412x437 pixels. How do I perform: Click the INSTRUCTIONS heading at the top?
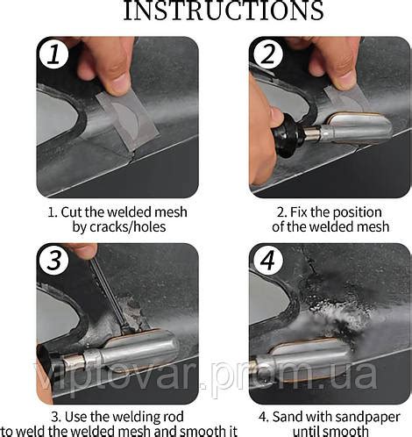(224, 11)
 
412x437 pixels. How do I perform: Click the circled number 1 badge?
(53, 54)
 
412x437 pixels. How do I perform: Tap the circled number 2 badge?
(267, 54)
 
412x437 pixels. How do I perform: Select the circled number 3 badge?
(53, 260)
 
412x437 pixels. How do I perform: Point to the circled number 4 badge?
(267, 260)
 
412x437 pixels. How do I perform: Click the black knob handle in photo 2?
(288, 135)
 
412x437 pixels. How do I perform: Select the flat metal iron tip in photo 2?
(355, 126)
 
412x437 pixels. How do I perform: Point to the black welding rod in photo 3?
(110, 296)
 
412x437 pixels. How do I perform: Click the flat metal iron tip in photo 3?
(140, 348)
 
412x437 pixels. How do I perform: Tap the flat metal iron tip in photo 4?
(309, 357)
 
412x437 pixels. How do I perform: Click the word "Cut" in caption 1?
(71, 211)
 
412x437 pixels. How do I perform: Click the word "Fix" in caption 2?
(298, 212)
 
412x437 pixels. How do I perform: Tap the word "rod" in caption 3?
(173, 417)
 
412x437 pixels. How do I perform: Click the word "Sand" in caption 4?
(287, 417)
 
